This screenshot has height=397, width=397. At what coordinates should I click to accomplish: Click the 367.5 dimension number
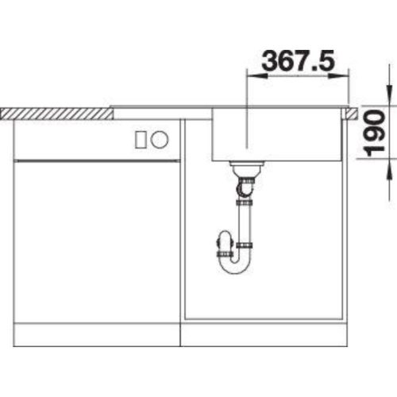coord(299,61)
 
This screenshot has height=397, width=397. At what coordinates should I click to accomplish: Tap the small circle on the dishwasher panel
coord(160,139)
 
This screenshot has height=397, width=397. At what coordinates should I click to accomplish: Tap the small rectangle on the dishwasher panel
coord(140,140)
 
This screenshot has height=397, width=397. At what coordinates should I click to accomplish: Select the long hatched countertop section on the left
coord(56,114)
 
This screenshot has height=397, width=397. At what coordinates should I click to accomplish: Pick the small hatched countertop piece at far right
coord(351,113)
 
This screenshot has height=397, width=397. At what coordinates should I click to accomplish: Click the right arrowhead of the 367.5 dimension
coord(339,76)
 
